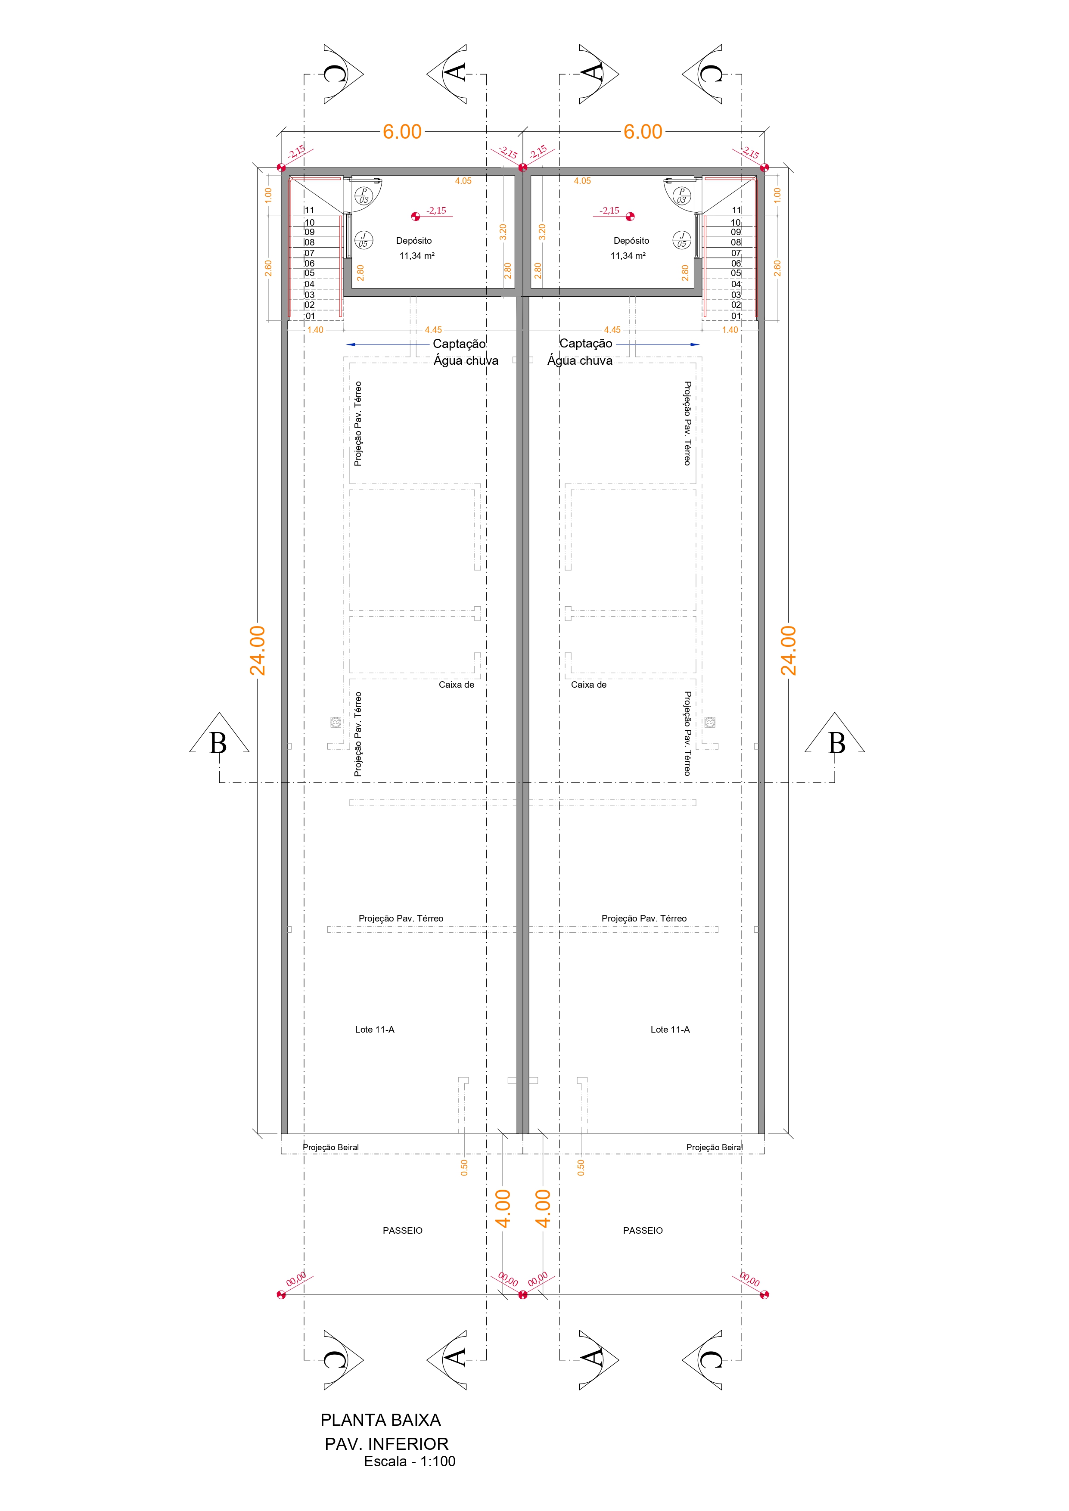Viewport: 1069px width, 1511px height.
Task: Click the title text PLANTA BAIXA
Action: tap(380, 1420)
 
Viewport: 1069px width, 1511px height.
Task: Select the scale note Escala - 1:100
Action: tap(410, 1461)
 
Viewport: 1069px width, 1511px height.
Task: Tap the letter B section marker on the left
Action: tap(218, 743)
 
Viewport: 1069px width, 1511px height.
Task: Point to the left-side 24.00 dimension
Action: tap(258, 650)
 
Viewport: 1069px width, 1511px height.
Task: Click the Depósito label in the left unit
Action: tap(414, 241)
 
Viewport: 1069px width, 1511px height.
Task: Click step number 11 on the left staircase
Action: tap(309, 210)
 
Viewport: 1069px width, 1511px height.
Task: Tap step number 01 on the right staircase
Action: tap(736, 316)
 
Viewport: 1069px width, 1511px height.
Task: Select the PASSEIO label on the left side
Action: tap(403, 1230)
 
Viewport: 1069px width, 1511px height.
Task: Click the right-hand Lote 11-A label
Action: tap(670, 1029)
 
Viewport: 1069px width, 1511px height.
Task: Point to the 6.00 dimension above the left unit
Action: tap(402, 132)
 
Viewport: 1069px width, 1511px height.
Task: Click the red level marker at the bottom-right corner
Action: tap(764, 1294)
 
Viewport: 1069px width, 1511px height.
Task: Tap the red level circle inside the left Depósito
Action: tap(415, 216)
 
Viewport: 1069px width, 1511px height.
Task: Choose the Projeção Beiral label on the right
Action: tap(714, 1147)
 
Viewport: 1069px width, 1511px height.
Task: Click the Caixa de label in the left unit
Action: tap(457, 684)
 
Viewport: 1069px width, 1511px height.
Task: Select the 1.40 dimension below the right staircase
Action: tap(730, 330)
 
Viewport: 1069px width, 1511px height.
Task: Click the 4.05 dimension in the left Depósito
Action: tap(463, 181)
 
